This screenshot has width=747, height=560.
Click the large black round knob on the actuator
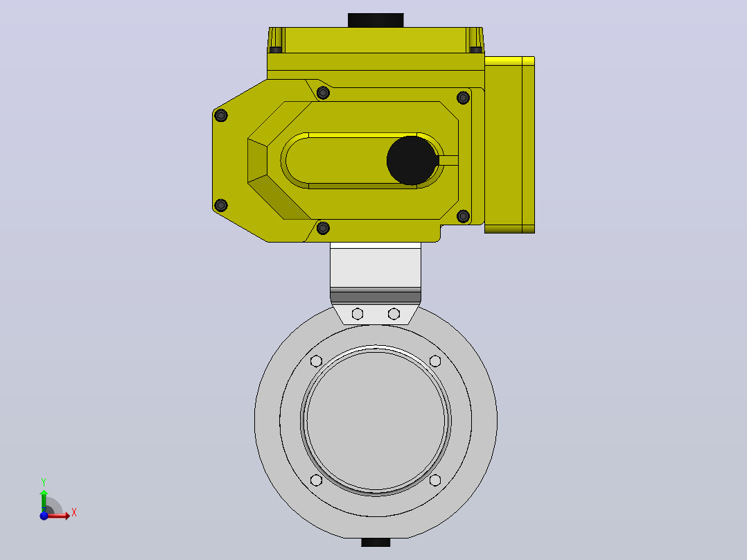pos(412,161)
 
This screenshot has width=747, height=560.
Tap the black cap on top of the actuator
pos(376,20)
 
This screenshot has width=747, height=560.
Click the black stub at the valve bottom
pos(376,543)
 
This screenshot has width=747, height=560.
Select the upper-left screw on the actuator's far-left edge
pos(220,115)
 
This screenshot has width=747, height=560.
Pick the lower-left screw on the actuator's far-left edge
pos(220,205)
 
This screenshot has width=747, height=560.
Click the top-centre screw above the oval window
pos(323,92)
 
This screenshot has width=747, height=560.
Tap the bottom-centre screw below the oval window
pos(323,228)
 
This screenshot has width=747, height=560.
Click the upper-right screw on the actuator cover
pos(463,98)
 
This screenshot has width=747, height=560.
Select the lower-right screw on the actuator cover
pos(463,216)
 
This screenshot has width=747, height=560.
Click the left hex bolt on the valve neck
pos(358,313)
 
